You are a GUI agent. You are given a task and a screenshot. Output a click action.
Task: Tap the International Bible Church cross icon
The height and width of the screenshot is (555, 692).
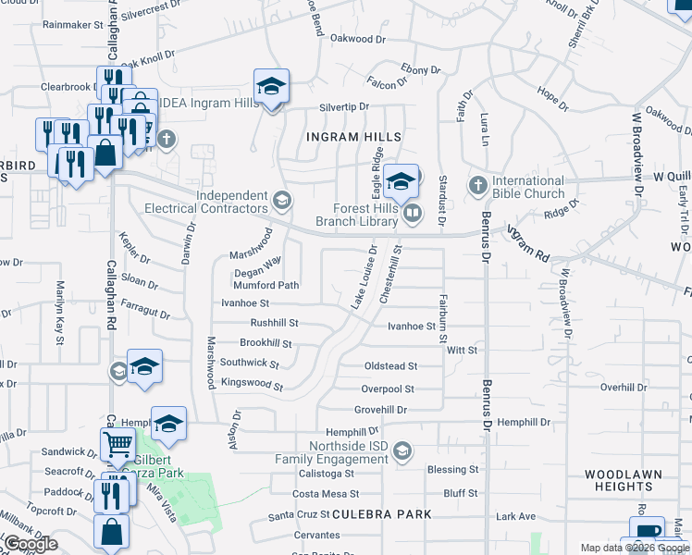477,187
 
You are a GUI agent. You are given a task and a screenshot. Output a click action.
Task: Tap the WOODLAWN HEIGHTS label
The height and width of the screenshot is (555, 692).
624,480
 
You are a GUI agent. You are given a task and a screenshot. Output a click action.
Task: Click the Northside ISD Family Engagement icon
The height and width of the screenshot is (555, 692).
402,450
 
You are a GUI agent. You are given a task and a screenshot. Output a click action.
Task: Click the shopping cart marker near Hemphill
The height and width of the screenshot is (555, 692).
117,445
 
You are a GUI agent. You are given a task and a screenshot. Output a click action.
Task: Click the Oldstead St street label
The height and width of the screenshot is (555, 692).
391,366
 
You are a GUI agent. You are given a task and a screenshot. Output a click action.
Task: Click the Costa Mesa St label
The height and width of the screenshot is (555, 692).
325,495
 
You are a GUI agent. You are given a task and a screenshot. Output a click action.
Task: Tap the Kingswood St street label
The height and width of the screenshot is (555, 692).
251,383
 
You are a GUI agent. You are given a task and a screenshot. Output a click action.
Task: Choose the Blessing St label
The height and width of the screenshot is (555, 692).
452,470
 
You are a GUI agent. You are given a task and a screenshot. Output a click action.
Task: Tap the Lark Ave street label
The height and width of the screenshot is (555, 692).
516,515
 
